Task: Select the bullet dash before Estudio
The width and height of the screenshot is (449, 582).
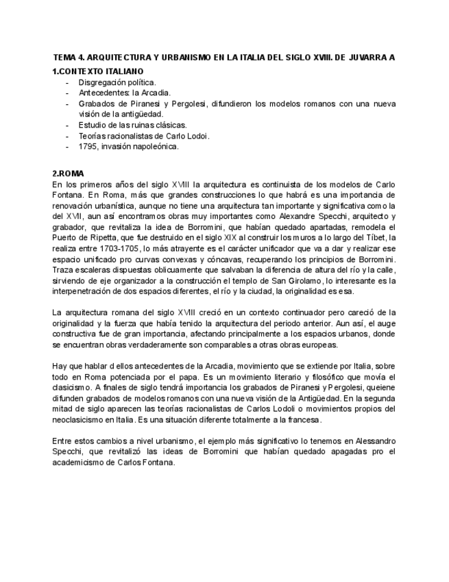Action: [67, 125]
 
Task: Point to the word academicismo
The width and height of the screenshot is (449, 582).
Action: [82, 461]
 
